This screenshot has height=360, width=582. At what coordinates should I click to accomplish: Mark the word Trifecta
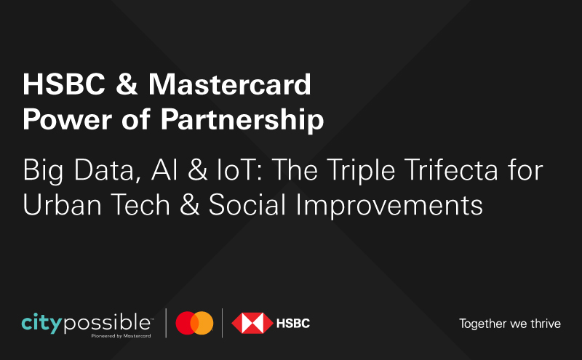click(x=472, y=172)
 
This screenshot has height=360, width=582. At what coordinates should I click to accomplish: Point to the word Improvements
click(x=394, y=207)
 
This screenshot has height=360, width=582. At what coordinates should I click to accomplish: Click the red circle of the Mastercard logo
click(x=187, y=323)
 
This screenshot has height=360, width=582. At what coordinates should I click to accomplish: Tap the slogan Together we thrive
click(x=509, y=324)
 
